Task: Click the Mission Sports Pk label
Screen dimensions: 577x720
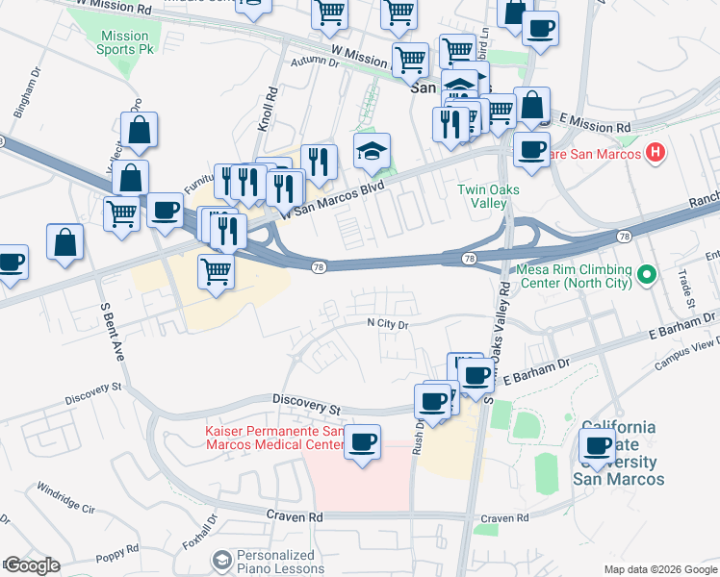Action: [x=124, y=43]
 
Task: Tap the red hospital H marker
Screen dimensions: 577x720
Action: [x=656, y=152]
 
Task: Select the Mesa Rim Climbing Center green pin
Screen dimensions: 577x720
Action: [x=647, y=276]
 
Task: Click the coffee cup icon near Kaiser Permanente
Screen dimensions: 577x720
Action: [x=362, y=443]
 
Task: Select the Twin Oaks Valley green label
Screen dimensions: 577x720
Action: [x=488, y=196]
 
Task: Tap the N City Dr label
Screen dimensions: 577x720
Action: [x=389, y=325]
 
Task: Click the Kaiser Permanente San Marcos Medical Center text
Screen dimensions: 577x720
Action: [x=273, y=439]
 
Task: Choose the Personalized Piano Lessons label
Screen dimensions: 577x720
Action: [x=276, y=562]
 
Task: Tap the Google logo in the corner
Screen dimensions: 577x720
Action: [x=31, y=565]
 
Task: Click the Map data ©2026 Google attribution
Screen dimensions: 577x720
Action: [x=659, y=569]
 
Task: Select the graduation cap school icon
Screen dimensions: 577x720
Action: [x=372, y=150]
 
